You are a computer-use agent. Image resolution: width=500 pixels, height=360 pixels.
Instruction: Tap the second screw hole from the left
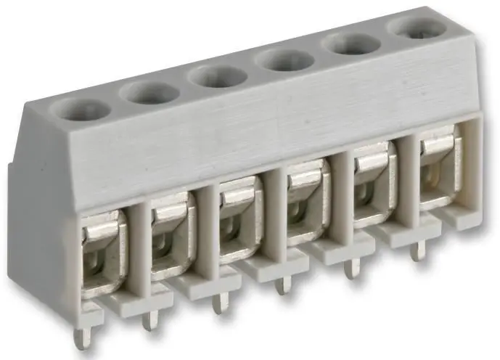point(149,92)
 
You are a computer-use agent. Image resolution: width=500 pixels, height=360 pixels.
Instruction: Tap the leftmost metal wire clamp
point(102,250)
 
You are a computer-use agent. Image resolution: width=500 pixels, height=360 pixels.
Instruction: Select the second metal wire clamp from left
point(172,234)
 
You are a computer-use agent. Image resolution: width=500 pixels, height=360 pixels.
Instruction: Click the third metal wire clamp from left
point(239,216)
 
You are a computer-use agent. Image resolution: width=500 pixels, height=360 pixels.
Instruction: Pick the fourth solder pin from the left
point(283,283)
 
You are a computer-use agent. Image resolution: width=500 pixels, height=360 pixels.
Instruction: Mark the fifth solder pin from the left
point(351,267)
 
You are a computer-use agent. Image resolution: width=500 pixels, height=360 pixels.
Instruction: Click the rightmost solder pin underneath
point(416,250)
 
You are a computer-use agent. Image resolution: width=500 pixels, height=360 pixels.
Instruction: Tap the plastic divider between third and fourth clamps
point(273,218)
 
